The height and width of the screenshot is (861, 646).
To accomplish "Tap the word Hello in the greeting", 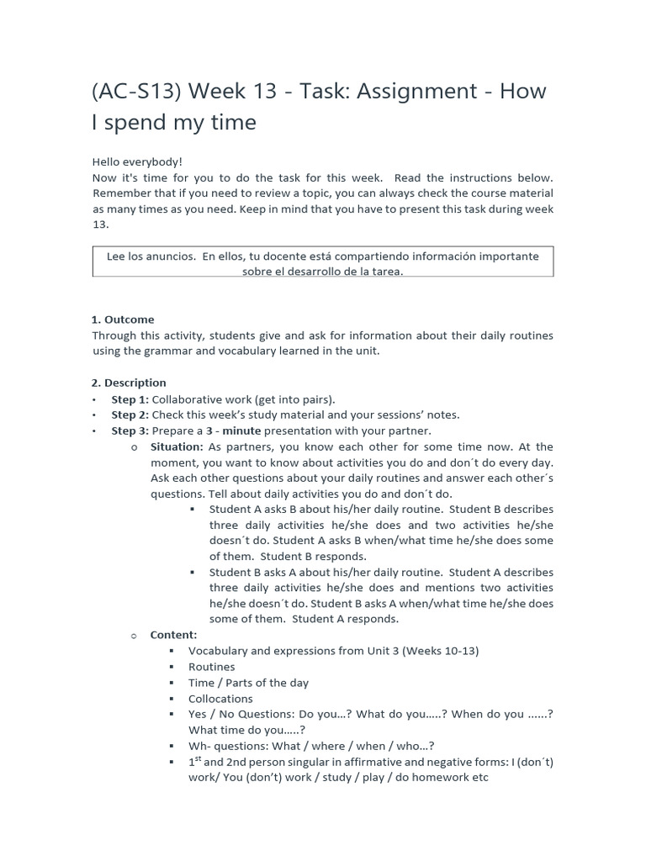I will [x=107, y=161].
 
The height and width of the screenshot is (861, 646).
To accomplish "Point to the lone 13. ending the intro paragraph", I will [x=100, y=225].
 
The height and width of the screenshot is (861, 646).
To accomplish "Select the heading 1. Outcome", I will [x=123, y=320].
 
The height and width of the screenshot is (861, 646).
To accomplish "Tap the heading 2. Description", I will [x=129, y=383].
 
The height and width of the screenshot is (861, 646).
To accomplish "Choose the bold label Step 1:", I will [x=130, y=399].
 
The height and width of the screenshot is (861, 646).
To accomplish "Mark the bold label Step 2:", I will [x=130, y=415].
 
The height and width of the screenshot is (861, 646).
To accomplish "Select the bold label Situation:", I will [x=177, y=446].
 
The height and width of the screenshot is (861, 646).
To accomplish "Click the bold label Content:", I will [x=173, y=635].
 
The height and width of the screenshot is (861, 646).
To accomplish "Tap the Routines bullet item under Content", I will [x=212, y=667].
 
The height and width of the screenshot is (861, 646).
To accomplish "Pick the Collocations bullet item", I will [x=220, y=699].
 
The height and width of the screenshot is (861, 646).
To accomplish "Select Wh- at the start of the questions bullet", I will [x=199, y=746].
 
